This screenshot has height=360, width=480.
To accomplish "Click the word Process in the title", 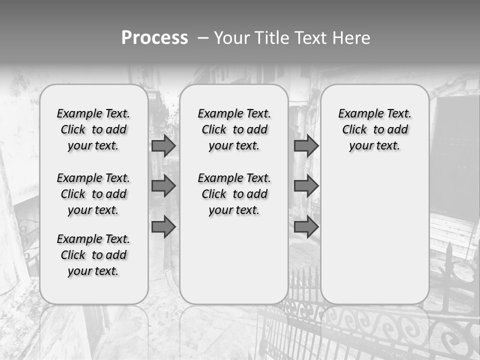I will click(154, 38).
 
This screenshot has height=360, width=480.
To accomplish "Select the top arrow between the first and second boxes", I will click(163, 145).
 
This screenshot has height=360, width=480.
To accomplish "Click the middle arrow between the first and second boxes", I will click(163, 186).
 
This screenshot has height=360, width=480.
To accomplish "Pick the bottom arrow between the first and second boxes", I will click(163, 227).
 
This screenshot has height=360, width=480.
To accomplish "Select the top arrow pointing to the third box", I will click(306, 145).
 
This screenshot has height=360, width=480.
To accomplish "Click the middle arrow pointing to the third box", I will click(306, 186).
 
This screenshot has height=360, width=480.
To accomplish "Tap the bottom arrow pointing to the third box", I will click(306, 227).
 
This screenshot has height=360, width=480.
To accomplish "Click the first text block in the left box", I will click(93, 129).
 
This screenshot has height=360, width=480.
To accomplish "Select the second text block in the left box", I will click(93, 194).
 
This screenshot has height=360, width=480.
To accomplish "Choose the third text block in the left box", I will click(93, 255).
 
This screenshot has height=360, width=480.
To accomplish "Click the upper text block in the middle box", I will click(234, 129).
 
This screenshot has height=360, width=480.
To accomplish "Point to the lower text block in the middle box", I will click(234, 194).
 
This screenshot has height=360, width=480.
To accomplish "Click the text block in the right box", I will click(374, 129).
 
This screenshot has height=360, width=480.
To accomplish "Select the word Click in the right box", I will click(354, 130).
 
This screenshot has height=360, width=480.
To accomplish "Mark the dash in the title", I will click(202, 38).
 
